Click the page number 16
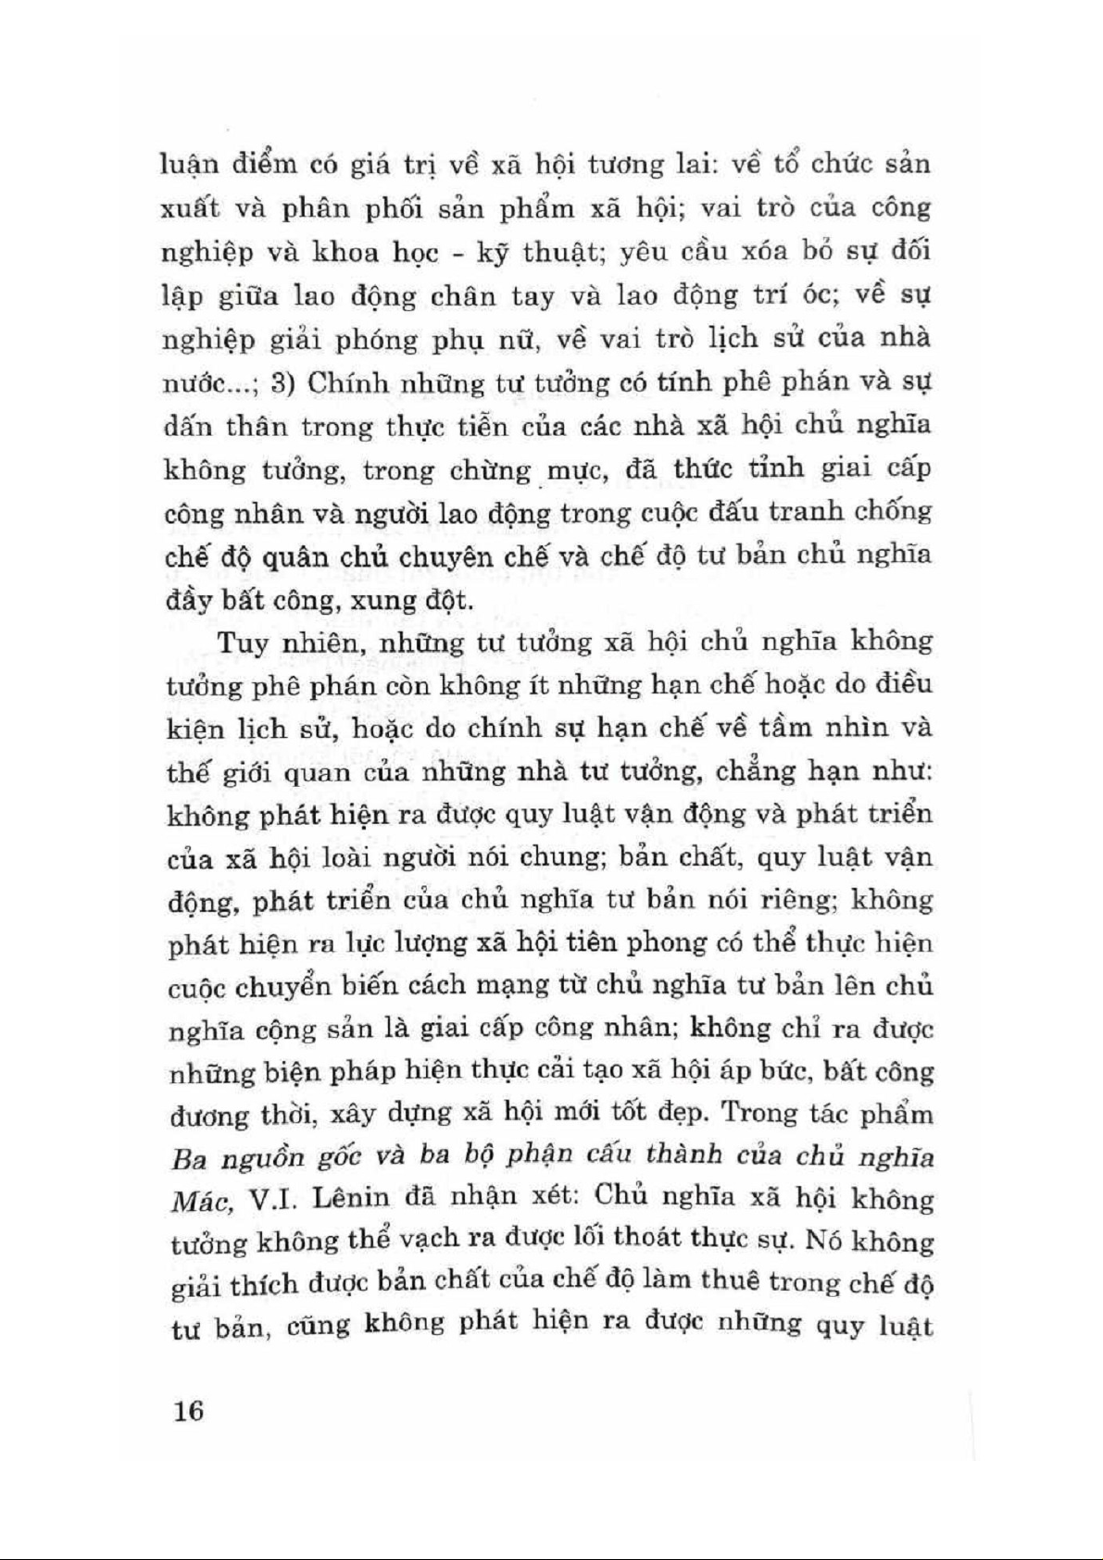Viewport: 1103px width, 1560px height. (186, 1411)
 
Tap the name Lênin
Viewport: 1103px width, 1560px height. (356, 1198)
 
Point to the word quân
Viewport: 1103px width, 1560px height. (275, 557)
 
